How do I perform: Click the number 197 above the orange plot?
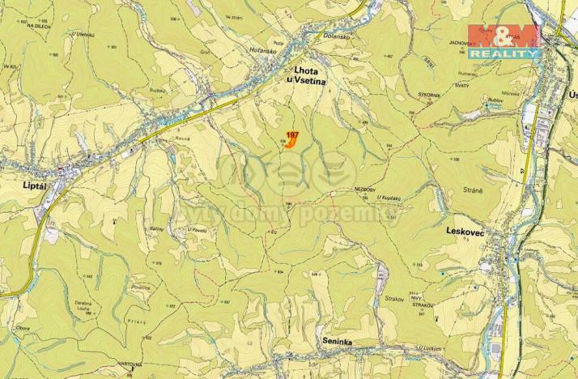[x=292, y=134]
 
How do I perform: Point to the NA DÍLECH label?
[x=39, y=27]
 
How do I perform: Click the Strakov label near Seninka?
[x=394, y=299]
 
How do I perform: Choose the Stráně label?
[x=474, y=190]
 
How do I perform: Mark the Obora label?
[x=23, y=328]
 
